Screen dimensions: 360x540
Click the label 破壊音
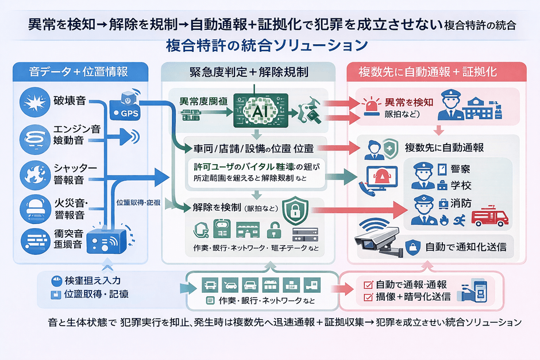[x=69, y=102]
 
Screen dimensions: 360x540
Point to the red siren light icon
[x=371, y=106]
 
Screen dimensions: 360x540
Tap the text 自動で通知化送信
[x=465, y=248]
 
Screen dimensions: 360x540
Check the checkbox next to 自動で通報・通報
[x=368, y=284]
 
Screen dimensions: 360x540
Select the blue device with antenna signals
[x=107, y=242]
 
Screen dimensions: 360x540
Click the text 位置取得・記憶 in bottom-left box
[x=97, y=295]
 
